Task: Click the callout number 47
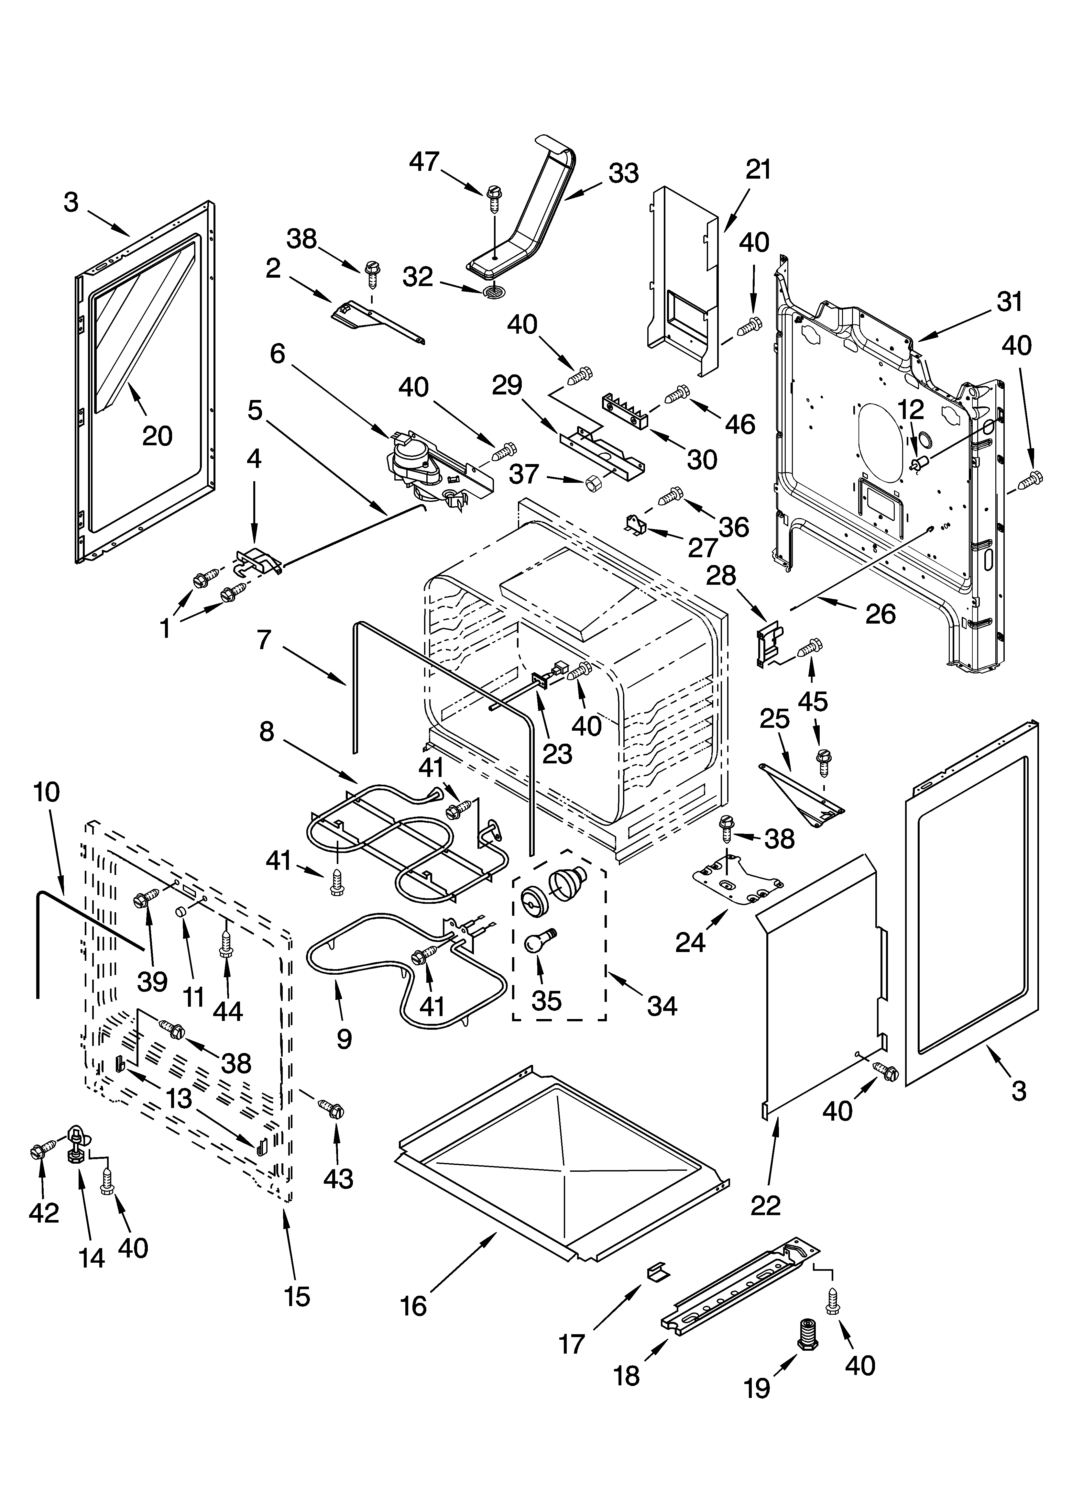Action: click(x=424, y=161)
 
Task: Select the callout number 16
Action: click(x=413, y=1305)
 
